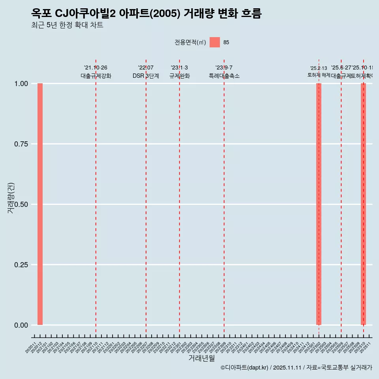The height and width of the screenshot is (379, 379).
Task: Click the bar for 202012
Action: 40,204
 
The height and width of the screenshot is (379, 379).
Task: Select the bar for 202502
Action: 319,204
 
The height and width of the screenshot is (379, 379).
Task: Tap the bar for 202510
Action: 363,204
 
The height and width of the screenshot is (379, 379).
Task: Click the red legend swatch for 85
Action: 215,42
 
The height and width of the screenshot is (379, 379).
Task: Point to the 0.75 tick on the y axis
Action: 21,144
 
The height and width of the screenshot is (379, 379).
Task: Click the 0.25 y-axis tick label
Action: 21,265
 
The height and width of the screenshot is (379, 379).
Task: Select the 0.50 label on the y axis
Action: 21,205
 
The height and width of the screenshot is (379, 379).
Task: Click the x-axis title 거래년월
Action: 201,358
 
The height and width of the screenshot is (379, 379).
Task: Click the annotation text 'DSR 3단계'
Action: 146,76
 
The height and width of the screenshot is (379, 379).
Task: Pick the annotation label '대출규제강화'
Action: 96,76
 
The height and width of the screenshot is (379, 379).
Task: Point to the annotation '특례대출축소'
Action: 224,76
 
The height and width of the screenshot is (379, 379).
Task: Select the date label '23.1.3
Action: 179,68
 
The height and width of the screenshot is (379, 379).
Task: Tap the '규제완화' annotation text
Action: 179,76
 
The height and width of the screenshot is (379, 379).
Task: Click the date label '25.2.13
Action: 318,68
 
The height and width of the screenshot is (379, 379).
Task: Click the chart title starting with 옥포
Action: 146,14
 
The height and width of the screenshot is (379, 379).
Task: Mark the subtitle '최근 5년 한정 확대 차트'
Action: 67,25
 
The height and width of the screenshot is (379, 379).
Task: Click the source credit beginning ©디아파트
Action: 296,368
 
